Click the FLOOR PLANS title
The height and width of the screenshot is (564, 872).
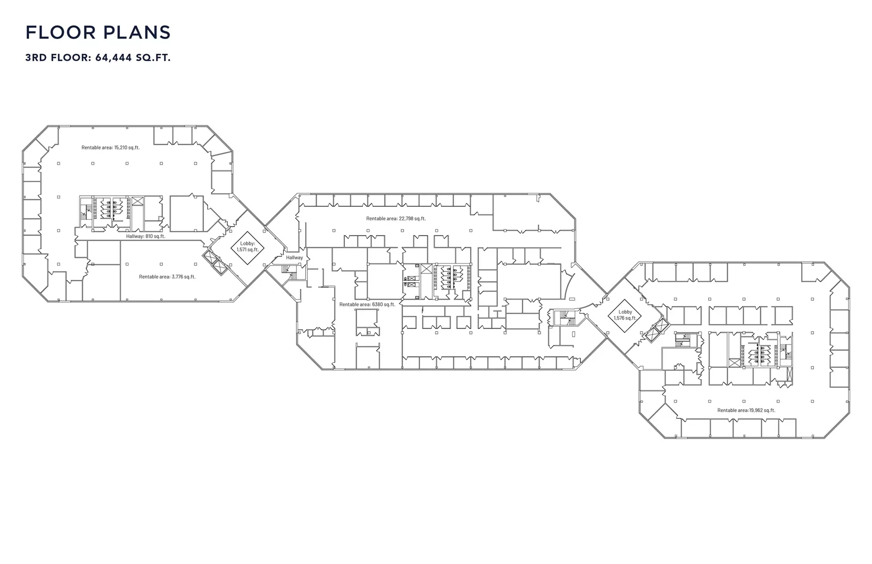pyautogui.click(x=98, y=32)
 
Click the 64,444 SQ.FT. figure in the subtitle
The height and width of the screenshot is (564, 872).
pyautogui.click(x=133, y=58)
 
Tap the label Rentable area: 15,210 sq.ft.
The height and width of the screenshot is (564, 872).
pyautogui.click(x=110, y=148)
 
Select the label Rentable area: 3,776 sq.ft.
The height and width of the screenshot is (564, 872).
pyautogui.click(x=167, y=277)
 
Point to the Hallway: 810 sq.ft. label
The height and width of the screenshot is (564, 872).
pyautogui.click(x=146, y=236)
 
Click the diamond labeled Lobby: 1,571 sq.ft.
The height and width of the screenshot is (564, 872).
pyautogui.click(x=248, y=247)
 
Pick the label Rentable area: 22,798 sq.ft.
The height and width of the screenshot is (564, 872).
pyautogui.click(x=396, y=219)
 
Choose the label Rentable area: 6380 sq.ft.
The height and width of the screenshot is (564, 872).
pyautogui.click(x=367, y=305)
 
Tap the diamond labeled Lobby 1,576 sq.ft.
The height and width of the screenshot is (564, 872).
pyautogui.click(x=625, y=316)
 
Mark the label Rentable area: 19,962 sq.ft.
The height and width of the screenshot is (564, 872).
pyautogui.click(x=746, y=411)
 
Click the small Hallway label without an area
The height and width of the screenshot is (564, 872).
pyautogui.click(x=295, y=258)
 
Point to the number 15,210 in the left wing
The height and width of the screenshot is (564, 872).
pyautogui.click(x=121, y=148)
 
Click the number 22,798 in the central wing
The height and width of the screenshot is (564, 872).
pyautogui.click(x=406, y=219)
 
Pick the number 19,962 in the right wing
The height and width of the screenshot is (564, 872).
pyautogui.click(x=756, y=411)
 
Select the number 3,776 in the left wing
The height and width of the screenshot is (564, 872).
pyautogui.click(x=177, y=277)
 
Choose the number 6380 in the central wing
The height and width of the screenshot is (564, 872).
pyautogui.click(x=377, y=305)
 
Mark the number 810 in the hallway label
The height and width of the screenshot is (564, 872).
pyautogui.click(x=149, y=236)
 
